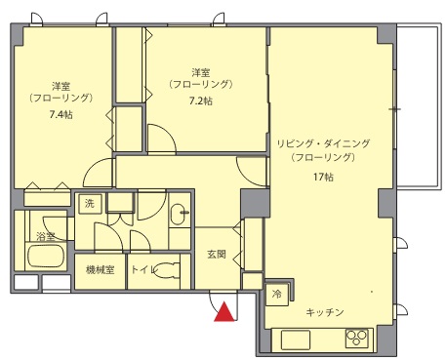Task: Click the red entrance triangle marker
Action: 223,312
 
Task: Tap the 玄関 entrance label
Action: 217,254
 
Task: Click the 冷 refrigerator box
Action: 277,295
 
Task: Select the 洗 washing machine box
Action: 90,204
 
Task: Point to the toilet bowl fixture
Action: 166,269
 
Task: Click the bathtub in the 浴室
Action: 46,256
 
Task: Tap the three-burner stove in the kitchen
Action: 356,339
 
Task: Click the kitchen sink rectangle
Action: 296,340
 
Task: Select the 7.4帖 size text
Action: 61,114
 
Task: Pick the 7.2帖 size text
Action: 201,100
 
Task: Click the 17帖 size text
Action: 323,177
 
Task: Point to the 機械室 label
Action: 100,269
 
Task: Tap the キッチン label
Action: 325,312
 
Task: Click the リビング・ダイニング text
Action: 323,143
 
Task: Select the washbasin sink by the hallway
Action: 178,215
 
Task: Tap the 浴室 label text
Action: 46,236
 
